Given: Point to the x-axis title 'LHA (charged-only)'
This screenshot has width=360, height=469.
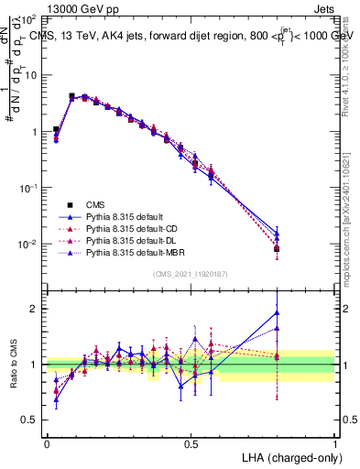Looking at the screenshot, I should (x=288, y=456).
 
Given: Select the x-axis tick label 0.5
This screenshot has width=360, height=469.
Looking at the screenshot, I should (x=191, y=443).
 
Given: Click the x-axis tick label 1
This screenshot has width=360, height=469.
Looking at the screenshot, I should (x=334, y=443).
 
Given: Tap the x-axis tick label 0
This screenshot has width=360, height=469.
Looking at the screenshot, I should (x=48, y=443).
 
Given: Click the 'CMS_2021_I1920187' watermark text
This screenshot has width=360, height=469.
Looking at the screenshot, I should (x=191, y=274).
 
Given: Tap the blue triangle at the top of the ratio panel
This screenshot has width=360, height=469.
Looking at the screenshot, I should (x=277, y=312).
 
